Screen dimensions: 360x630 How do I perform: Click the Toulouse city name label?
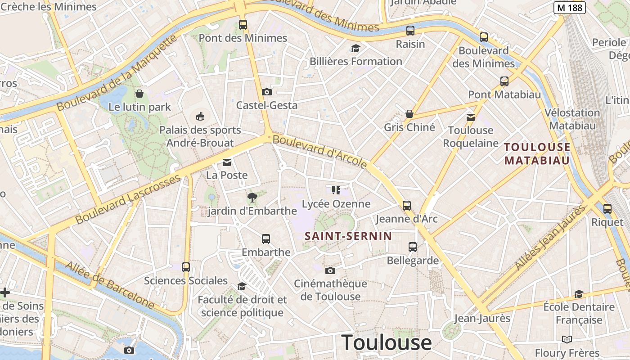(x=387, y=343)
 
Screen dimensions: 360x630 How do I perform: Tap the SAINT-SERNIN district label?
(x=348, y=236)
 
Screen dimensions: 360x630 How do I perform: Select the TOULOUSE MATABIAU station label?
(x=537, y=153)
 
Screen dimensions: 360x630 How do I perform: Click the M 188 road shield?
(x=569, y=8)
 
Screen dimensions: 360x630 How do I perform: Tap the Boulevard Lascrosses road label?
(x=128, y=199)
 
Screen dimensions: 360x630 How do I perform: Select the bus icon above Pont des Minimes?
(x=243, y=25)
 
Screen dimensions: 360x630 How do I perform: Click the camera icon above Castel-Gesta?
(x=267, y=92)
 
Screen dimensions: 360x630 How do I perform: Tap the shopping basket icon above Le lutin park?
(x=139, y=94)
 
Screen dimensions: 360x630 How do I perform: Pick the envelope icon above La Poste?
(x=227, y=162)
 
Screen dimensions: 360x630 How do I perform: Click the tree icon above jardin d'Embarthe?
(x=252, y=197)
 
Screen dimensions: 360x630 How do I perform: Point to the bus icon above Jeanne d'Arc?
(x=407, y=206)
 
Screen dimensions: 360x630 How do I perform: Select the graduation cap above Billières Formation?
(x=356, y=48)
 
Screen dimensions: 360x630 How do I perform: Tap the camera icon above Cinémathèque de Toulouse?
(x=330, y=270)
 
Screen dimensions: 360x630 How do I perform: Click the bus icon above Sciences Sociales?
(x=186, y=267)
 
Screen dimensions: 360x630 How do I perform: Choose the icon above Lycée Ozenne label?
(x=336, y=190)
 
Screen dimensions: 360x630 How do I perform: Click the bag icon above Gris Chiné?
(x=409, y=114)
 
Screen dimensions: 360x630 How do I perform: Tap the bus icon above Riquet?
(x=607, y=209)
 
